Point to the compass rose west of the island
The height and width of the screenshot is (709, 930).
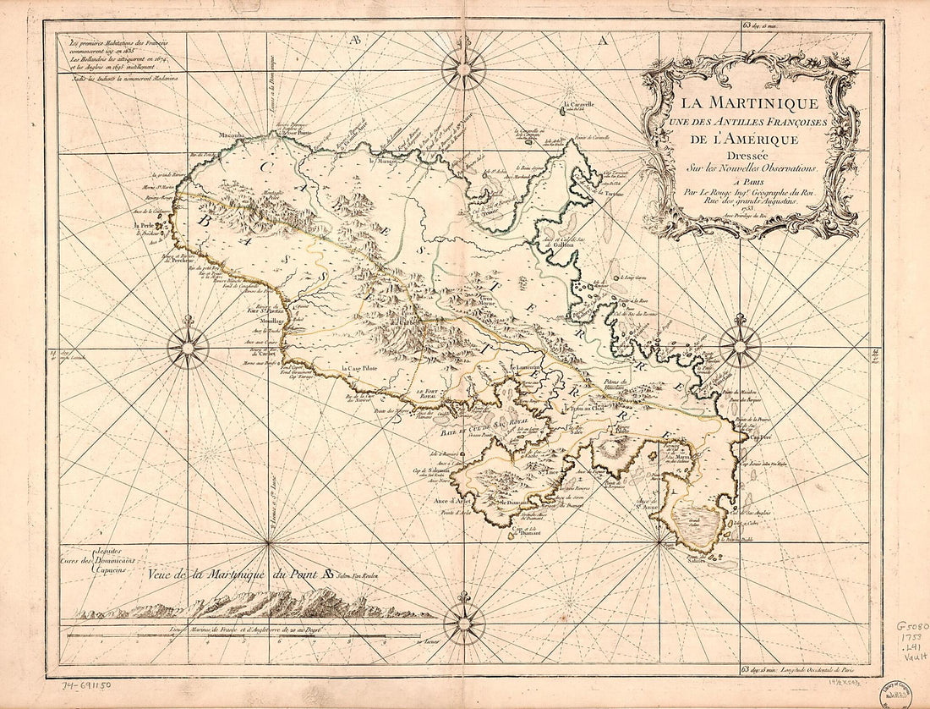(188, 347)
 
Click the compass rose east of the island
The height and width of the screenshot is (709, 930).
(741, 345)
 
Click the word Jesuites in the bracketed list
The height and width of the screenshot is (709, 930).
(110, 550)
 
